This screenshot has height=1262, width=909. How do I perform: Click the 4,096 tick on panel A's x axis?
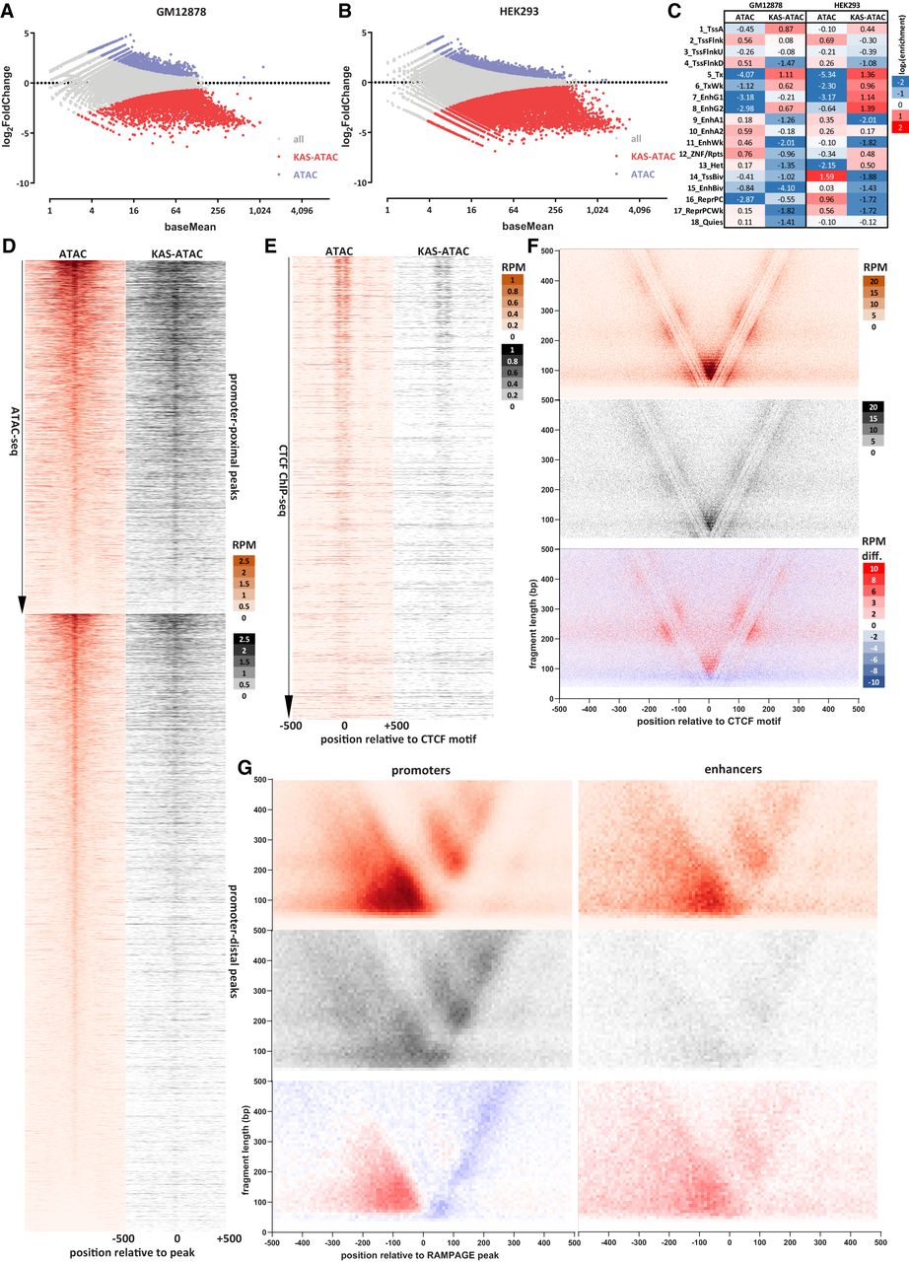[x=302, y=211]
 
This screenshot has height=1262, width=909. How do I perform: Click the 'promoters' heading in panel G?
[x=422, y=466]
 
